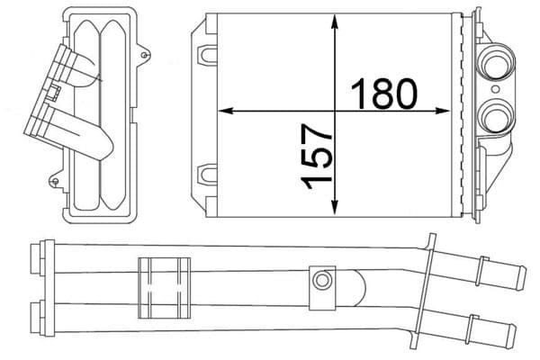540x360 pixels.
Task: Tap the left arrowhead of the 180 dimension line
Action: (226, 111)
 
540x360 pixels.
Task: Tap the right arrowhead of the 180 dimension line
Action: (447, 111)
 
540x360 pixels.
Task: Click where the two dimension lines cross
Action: (335, 111)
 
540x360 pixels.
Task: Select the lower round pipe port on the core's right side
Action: (495, 113)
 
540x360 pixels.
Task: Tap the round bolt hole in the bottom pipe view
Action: (319, 281)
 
